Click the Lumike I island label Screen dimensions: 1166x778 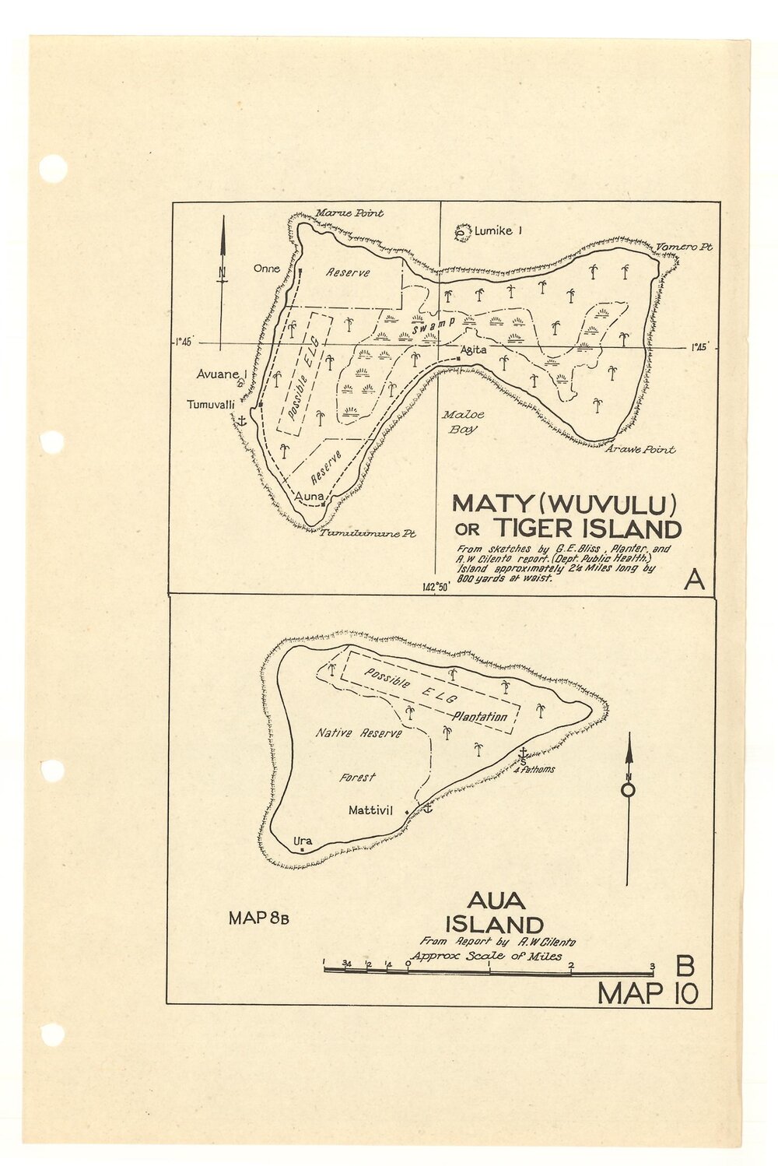[498, 230]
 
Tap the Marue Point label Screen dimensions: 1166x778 [349, 213]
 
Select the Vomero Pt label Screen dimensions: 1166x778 [684, 247]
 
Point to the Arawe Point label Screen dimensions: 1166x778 [640, 449]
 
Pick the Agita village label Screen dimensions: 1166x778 [473, 350]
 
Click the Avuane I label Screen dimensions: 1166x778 [221, 374]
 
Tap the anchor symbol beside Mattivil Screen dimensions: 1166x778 [426, 810]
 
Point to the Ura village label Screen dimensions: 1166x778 [303, 841]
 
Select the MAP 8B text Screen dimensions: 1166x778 [259, 918]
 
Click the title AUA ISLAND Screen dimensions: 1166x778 [495, 913]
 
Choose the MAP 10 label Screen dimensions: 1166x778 [647, 994]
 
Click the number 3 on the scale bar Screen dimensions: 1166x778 [652, 965]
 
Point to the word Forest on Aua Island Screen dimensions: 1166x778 [357, 777]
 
